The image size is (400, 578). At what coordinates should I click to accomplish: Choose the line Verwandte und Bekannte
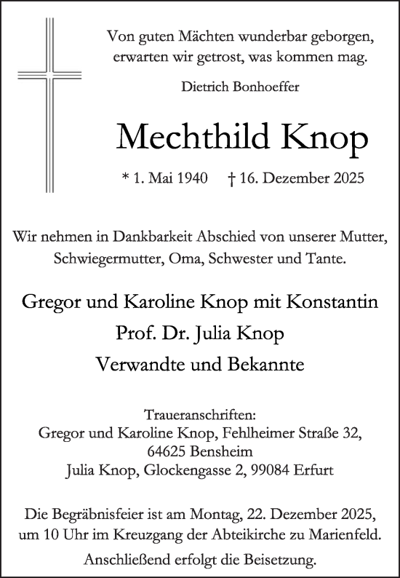(x=200, y=365)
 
